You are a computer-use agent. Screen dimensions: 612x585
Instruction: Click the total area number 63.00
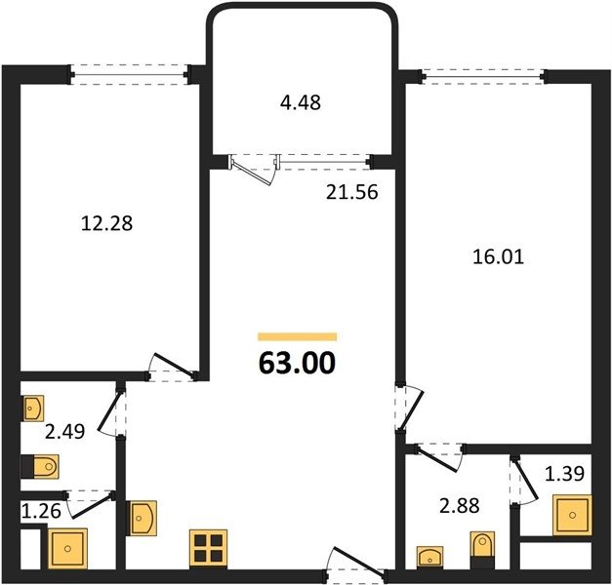pos(297,363)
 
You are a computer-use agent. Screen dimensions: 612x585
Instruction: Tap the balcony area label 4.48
pos(301,102)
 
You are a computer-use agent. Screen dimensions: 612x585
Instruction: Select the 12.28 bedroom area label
pos(107,224)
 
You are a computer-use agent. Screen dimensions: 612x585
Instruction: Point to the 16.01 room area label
pos(498,257)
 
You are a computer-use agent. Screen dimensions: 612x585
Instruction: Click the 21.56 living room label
pos(352,192)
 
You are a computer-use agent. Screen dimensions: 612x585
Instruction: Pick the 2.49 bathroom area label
pos(64,432)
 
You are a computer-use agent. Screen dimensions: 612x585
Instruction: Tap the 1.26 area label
pos(41,511)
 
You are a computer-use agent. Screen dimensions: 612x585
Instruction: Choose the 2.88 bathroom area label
pos(460,506)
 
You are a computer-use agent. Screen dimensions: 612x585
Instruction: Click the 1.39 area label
pos(564,474)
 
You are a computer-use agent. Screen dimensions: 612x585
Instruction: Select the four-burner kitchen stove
pos(209,548)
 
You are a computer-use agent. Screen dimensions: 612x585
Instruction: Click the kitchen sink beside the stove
pos(142,518)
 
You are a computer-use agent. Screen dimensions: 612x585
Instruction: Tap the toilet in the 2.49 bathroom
pos(40,466)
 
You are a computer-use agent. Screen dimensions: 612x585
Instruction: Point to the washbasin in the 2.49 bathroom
pos(33,409)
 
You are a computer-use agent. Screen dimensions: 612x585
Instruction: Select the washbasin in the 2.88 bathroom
pos(430,557)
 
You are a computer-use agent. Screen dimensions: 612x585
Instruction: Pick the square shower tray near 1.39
pos(572,515)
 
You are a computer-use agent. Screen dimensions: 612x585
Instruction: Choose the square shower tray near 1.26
pos(67,548)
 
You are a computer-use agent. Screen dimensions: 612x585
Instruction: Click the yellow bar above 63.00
pos(298,336)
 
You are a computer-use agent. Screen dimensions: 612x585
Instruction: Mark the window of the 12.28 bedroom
pos(130,74)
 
